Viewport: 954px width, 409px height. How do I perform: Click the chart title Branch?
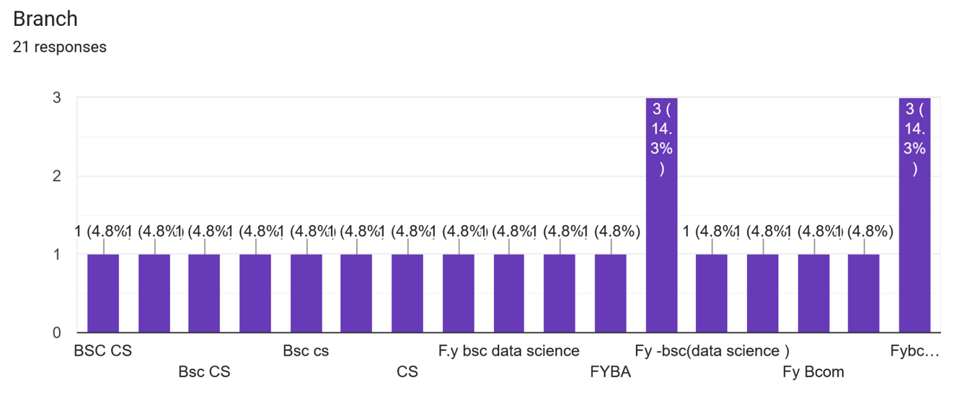(x=45, y=19)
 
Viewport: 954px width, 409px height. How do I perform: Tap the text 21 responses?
(x=60, y=48)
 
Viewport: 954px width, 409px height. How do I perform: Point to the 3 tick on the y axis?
(x=56, y=97)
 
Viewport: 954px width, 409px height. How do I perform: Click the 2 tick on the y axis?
(x=56, y=176)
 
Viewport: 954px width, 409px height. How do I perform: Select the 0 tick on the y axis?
(x=56, y=333)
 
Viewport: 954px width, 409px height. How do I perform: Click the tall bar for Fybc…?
(x=914, y=252)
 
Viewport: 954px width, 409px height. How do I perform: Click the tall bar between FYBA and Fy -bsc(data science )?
(x=661, y=252)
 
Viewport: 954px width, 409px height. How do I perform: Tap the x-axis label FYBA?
(x=610, y=372)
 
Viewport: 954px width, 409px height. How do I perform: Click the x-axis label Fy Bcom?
(x=813, y=372)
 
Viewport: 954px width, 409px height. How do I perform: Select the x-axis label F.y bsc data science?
(x=509, y=351)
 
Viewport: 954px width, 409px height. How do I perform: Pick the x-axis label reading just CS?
(x=407, y=372)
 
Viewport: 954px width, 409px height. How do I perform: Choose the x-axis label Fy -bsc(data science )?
(x=712, y=351)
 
